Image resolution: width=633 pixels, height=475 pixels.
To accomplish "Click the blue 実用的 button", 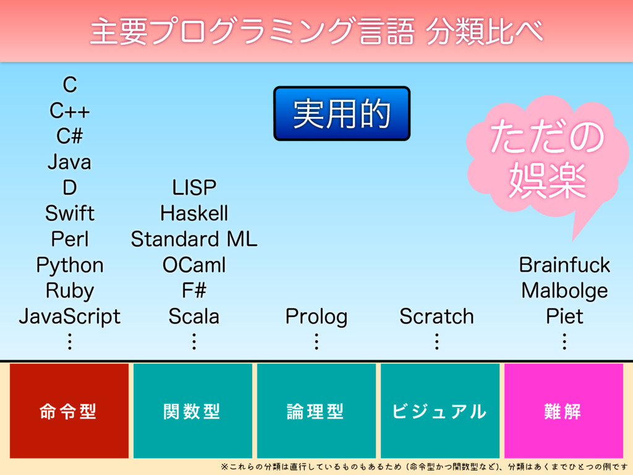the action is (x=341, y=114).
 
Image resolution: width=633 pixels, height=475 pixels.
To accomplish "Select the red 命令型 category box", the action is (x=69, y=411).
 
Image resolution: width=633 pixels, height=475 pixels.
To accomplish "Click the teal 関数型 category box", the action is (x=193, y=411).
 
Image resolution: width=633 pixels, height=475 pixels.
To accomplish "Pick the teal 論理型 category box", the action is (x=316, y=411).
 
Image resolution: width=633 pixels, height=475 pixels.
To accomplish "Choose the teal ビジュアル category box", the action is (x=440, y=411).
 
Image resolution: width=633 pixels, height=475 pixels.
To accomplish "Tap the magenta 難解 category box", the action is (x=564, y=411).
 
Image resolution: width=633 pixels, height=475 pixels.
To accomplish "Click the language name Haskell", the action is (x=194, y=213).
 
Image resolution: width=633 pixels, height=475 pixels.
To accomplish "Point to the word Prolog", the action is (x=316, y=317).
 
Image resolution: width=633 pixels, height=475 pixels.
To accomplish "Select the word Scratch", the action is (x=437, y=316).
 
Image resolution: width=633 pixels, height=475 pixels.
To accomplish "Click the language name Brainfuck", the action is (x=564, y=265).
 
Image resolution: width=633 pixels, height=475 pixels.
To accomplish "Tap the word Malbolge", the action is (x=564, y=291).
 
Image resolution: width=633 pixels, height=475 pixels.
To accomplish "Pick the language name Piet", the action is (x=564, y=316).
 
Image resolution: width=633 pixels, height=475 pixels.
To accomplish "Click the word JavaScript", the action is (x=70, y=317).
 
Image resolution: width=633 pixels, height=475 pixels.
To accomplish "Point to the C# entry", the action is (x=70, y=135).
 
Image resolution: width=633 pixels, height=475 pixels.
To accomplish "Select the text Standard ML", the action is (x=194, y=239).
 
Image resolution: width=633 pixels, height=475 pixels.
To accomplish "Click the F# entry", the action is (x=194, y=291).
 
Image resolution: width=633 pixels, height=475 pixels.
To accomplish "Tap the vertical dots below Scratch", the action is (x=437, y=341).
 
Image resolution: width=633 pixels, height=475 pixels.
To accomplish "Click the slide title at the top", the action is (x=317, y=31).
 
